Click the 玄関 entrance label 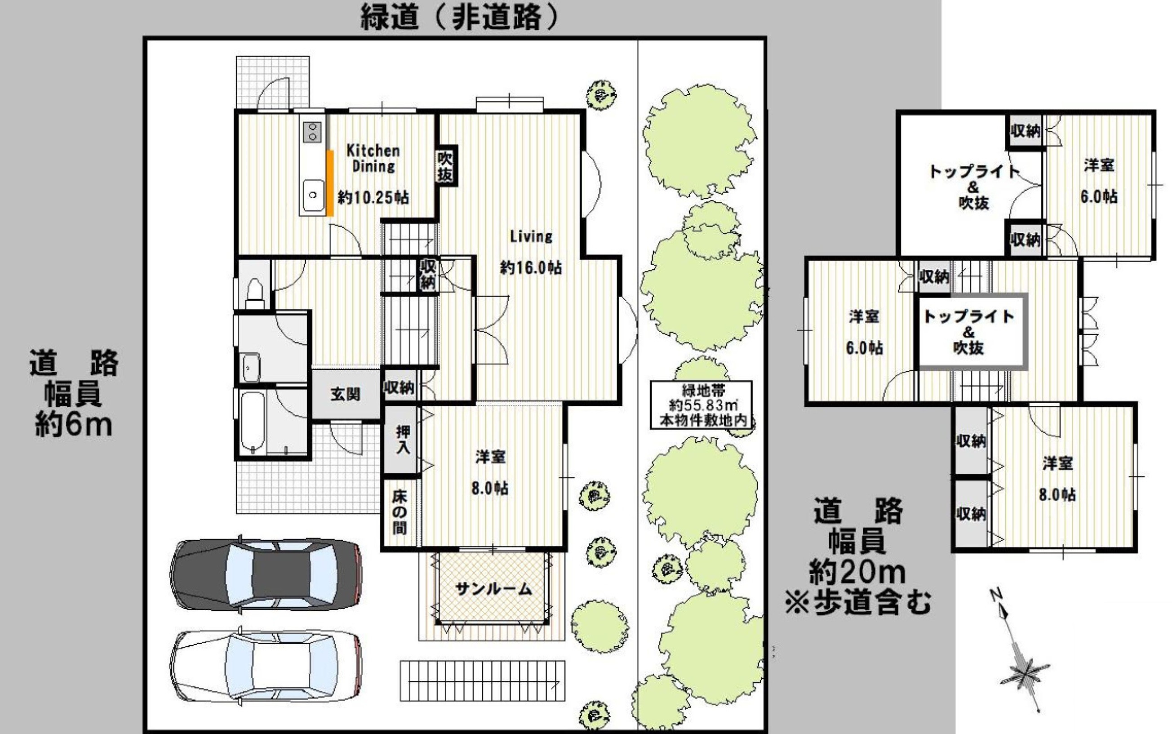tap(346, 394)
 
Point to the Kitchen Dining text tap(373, 159)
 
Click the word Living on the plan tap(531, 236)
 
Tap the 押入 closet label tap(402, 439)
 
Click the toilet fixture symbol tap(254, 291)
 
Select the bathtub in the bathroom tap(253, 423)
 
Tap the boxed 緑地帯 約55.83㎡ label tap(701, 405)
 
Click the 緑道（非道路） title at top tap(458, 18)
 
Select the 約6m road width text tap(74, 425)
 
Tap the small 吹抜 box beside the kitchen tap(444, 166)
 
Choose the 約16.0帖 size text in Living tap(531, 267)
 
